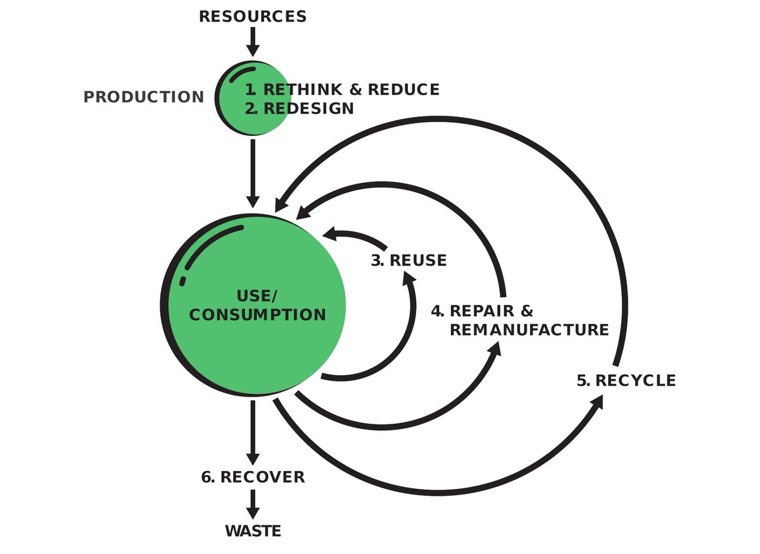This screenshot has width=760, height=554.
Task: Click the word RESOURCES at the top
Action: (x=253, y=16)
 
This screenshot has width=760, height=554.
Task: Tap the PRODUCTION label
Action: (x=144, y=97)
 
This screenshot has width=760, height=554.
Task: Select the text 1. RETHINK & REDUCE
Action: (x=342, y=89)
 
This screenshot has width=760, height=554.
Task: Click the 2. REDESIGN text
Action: (x=300, y=108)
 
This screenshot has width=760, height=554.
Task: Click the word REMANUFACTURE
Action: (x=529, y=330)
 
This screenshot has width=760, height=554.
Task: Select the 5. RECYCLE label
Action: (x=626, y=381)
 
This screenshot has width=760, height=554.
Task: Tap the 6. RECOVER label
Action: (x=253, y=477)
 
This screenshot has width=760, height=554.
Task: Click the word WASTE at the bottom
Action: (x=253, y=531)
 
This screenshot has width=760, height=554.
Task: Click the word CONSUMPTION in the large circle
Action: (x=257, y=314)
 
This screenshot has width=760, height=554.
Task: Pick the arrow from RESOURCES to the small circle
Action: (x=253, y=41)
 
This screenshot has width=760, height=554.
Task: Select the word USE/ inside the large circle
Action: (x=257, y=296)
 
